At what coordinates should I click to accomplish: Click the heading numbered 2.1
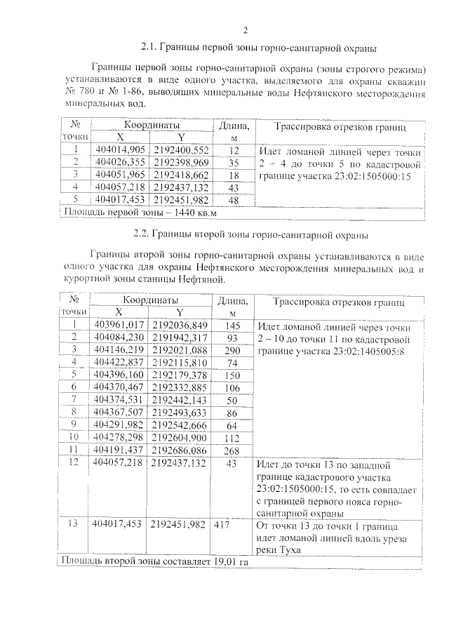[x=259, y=48]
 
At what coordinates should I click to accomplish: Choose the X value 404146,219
[x=119, y=349]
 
